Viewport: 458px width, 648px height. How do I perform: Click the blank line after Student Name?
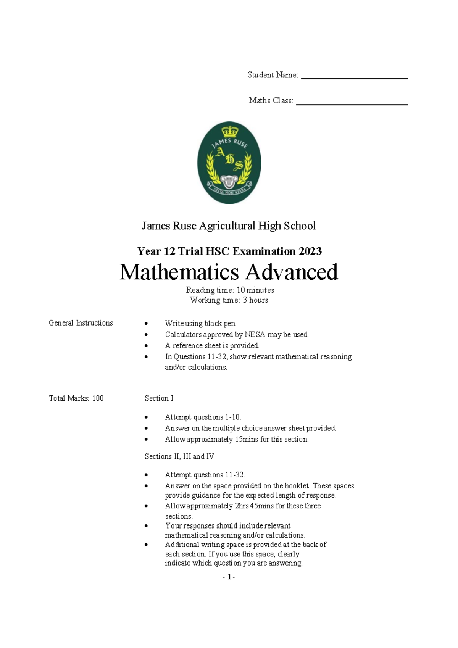[x=354, y=78]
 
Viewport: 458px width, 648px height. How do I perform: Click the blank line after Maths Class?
[x=352, y=103]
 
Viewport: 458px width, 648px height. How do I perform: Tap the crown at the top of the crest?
[x=230, y=132]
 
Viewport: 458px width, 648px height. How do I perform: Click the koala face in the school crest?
[x=229, y=181]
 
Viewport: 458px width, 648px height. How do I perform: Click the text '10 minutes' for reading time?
[x=255, y=290]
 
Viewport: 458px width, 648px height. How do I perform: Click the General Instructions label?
[x=81, y=323]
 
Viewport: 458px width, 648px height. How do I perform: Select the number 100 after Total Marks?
[x=98, y=398]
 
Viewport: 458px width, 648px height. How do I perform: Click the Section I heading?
[x=159, y=398]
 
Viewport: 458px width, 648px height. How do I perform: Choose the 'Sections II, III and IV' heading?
[x=179, y=456]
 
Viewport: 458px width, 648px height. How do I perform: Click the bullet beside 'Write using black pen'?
[x=146, y=324]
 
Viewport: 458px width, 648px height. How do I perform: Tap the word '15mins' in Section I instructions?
[x=247, y=439]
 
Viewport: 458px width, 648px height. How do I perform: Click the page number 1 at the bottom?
[x=229, y=577]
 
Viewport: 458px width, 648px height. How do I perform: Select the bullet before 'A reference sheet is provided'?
[x=146, y=346]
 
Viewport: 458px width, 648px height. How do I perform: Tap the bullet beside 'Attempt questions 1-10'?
[x=146, y=417]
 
